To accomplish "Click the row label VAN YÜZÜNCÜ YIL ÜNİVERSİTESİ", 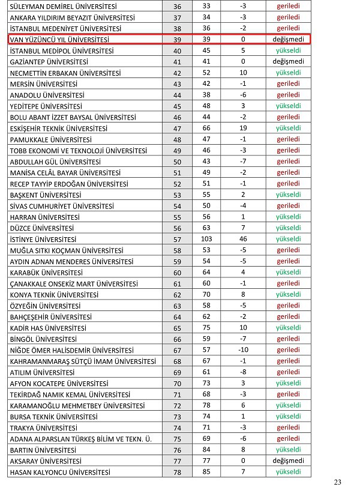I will [57, 39].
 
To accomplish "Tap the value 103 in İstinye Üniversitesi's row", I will [206, 239].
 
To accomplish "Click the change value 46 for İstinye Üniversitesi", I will [243, 239].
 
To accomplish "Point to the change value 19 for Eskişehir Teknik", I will [243, 129].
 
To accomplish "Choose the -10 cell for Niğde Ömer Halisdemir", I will [243, 350].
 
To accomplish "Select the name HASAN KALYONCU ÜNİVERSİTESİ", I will [60, 473].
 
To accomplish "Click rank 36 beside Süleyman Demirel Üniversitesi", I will [177, 6].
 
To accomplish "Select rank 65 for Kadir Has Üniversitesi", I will [177, 328].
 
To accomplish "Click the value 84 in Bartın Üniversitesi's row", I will [206, 450].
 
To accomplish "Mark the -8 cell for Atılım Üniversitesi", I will [243, 372].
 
